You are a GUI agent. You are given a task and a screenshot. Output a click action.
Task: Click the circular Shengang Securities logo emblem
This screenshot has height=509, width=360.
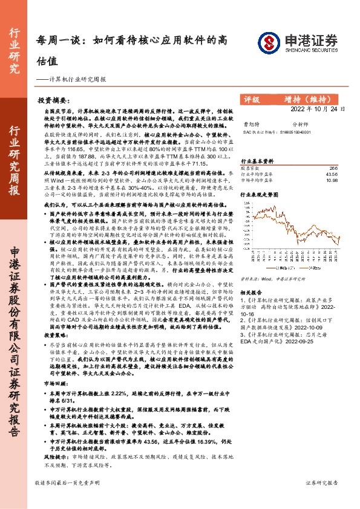pos(270,42)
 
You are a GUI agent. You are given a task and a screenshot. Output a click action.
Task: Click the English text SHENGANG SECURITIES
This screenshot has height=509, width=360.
pos(308,52)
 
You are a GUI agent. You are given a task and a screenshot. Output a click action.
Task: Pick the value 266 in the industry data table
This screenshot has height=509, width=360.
pos(332,168)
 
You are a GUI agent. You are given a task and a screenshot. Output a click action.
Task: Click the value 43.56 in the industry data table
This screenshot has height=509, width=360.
pos(331,174)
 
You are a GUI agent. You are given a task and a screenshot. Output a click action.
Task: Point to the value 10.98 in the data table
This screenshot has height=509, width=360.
pos(331,180)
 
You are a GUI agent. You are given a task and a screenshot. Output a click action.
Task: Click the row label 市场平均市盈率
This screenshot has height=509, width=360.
pos(255,180)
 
